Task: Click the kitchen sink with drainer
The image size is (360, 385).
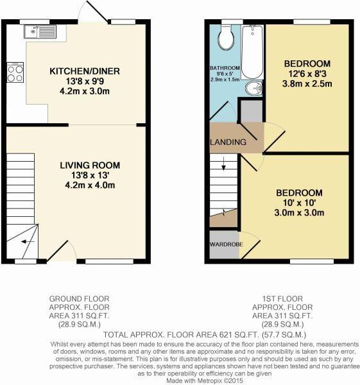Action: (40, 31)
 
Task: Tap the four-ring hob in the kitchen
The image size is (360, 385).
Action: (15, 73)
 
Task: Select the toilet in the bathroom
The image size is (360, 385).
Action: (226, 37)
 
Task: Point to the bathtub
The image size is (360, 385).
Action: (253, 52)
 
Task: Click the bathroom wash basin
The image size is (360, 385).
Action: (254, 88)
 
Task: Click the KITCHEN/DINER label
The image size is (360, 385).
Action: (85, 71)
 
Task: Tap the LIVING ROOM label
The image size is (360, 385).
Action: (90, 166)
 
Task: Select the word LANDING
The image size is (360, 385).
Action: (228, 142)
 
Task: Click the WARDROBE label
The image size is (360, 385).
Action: (227, 244)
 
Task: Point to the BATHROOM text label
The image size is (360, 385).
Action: (225, 68)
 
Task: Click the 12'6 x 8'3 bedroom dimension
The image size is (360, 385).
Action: (307, 74)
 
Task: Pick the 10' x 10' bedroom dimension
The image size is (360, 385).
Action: (299, 203)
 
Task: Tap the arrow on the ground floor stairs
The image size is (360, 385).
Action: (28, 242)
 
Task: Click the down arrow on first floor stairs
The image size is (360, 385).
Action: (223, 164)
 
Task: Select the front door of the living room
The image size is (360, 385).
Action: (58, 251)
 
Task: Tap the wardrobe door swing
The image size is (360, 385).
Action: (250, 245)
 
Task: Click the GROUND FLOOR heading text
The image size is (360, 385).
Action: (80, 299)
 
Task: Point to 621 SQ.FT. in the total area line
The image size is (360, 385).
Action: (237, 335)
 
